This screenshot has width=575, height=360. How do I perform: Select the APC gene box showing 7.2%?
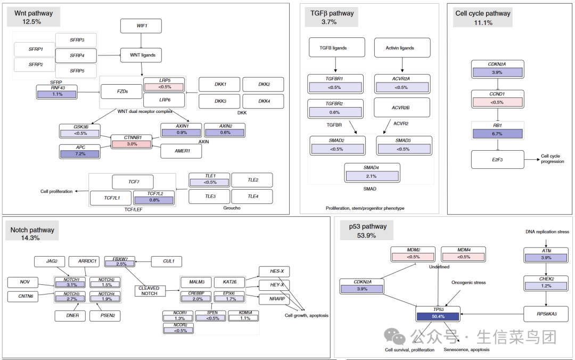(x=79, y=151)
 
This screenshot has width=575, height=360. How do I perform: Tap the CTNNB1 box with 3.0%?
(x=131, y=141)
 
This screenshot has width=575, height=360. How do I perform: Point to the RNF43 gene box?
(x=56, y=92)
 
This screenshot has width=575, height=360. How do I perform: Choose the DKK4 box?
(x=264, y=101)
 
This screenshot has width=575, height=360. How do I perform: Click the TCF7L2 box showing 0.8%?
(x=154, y=198)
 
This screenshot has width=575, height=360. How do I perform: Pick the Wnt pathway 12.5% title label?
(x=32, y=17)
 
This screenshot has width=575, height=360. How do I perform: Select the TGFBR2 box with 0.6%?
(x=335, y=109)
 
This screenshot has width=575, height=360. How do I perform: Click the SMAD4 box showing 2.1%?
(x=372, y=172)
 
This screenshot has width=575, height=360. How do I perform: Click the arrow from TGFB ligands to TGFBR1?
(x=336, y=66)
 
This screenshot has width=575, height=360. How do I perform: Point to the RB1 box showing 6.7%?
(x=497, y=130)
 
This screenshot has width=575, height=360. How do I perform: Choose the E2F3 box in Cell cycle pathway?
(x=497, y=159)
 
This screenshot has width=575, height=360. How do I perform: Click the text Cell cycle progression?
(x=552, y=159)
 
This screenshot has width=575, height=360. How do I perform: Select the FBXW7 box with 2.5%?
(x=120, y=261)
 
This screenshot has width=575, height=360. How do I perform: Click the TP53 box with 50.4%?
(x=438, y=313)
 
